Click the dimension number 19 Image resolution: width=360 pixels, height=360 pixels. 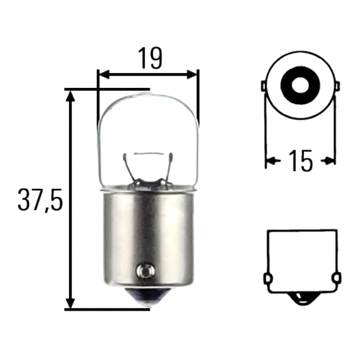pos(151,59)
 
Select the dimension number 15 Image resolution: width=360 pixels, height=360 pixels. pos(301,161)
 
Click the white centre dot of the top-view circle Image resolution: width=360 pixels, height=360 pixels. pos(300,85)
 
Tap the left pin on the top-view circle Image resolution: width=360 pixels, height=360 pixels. pos(264,86)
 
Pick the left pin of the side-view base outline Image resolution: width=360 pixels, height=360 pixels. pos(268,279)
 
